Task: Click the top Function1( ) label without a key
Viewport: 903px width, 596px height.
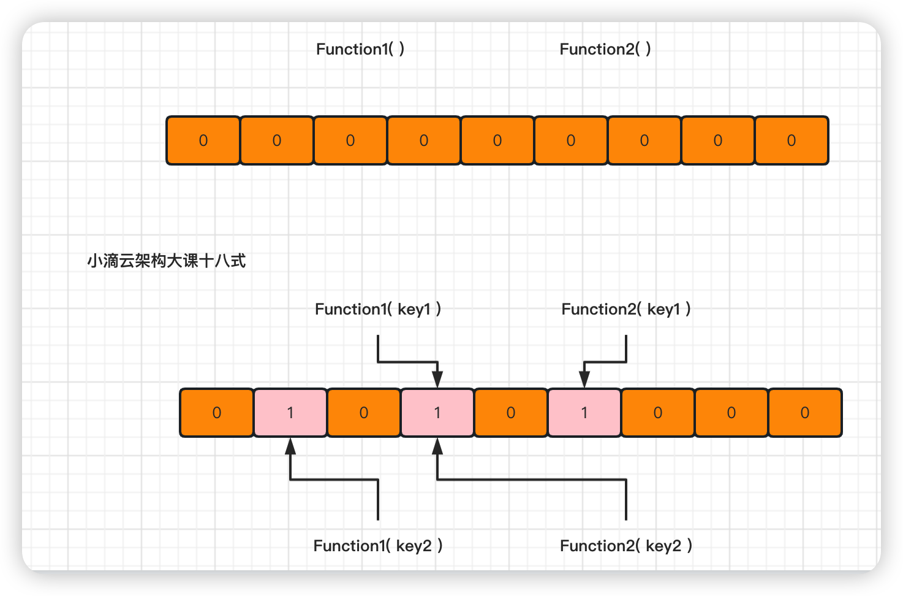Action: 360,49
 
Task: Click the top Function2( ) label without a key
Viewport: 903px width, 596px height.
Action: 605,49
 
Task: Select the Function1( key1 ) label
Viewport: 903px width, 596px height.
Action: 378,309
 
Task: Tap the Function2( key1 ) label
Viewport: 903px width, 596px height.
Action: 626,309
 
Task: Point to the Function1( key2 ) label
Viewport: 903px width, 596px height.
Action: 378,546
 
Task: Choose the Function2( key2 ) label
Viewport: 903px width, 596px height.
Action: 626,546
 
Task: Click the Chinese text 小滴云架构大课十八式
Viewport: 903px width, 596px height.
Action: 166,261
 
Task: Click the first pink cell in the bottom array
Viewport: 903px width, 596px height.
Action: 290,413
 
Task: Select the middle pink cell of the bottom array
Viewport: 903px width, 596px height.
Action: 437,413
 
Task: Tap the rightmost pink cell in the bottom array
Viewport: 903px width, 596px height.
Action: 584,413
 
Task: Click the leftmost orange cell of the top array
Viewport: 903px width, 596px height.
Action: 203,140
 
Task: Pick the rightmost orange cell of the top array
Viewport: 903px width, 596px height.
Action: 792,140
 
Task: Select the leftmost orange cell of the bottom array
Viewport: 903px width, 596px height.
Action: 217,413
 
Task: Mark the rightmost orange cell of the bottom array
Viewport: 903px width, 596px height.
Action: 805,413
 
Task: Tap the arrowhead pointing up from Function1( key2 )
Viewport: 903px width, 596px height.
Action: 290,446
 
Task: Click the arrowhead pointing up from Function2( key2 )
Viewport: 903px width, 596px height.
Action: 437,446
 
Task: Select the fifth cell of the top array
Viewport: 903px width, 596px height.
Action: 497,140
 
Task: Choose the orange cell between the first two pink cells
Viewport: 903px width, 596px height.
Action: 364,413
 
